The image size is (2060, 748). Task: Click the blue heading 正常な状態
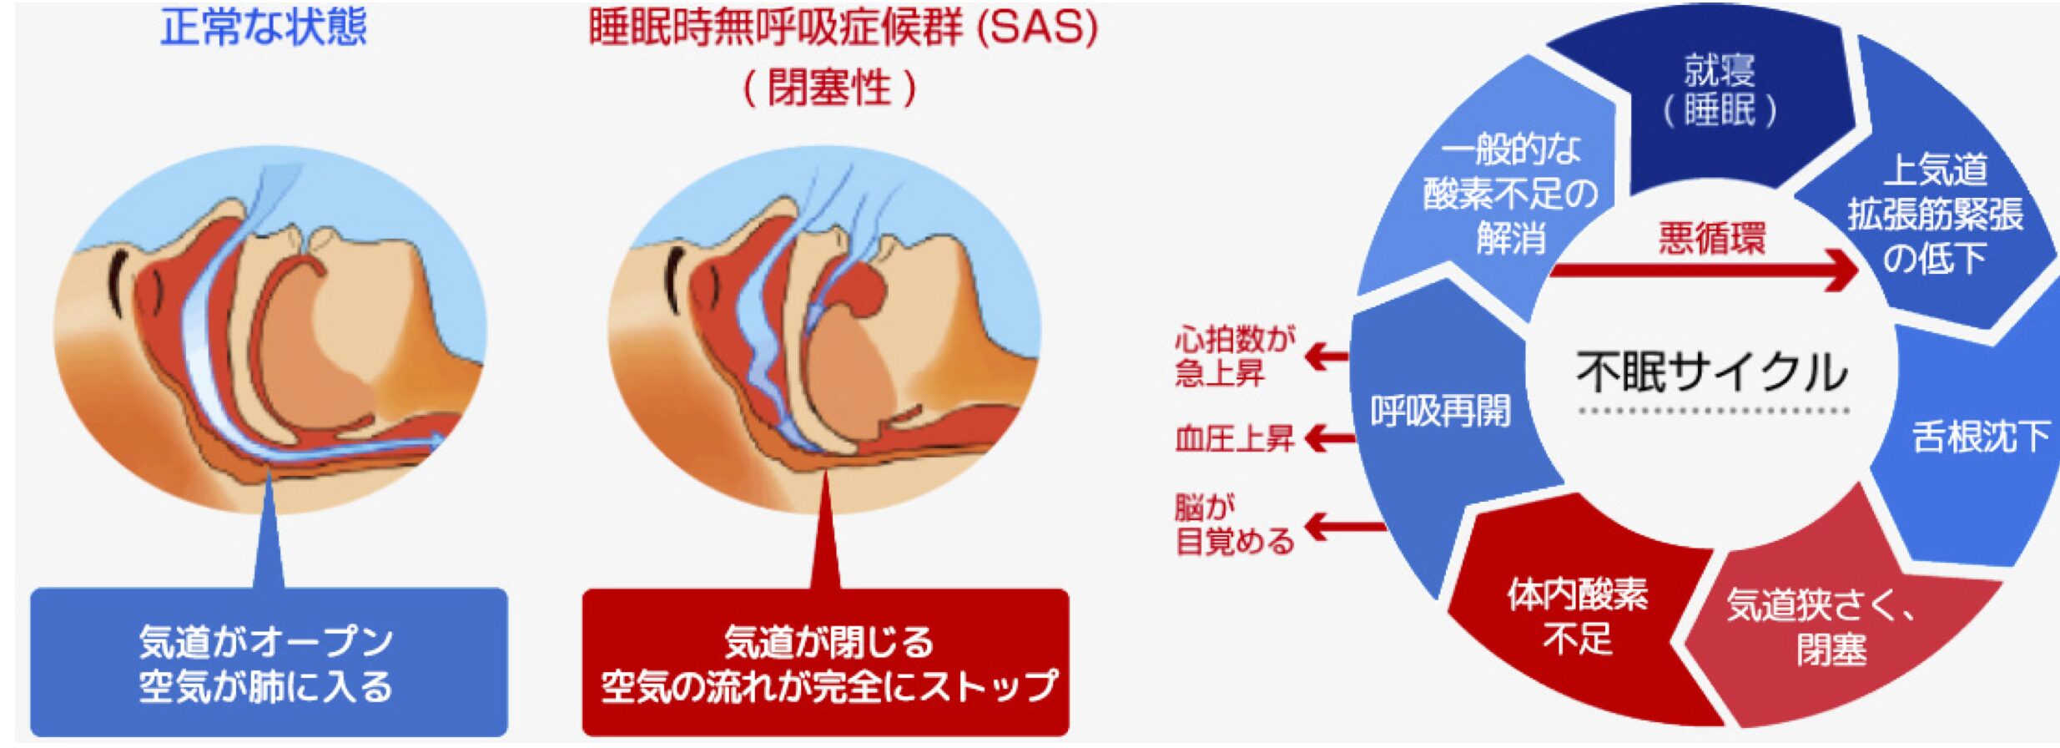point(264,28)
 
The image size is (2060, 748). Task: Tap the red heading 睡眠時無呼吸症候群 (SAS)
point(843,28)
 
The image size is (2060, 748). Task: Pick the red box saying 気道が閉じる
point(826,663)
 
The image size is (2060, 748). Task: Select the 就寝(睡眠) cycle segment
point(1719,92)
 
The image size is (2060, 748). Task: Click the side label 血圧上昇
point(1233,438)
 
